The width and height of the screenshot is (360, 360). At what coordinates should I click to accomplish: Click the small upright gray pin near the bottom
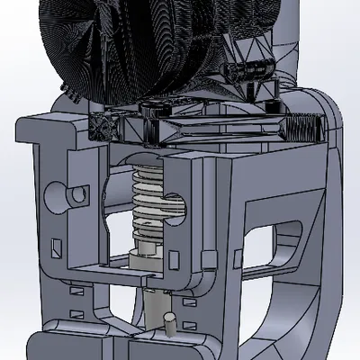(x=169, y=321)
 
